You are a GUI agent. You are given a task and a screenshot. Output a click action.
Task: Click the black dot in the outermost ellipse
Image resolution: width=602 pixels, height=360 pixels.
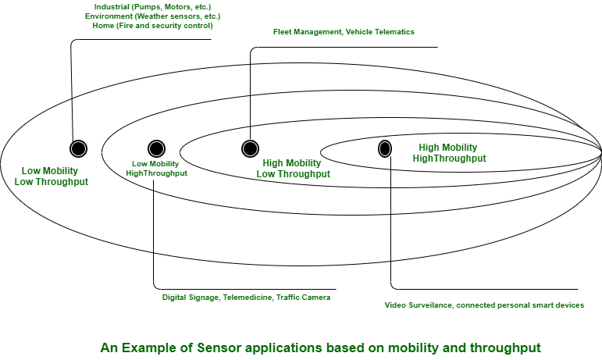(x=78, y=148)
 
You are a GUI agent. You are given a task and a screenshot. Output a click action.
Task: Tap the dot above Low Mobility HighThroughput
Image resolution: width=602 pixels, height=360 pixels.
(x=156, y=148)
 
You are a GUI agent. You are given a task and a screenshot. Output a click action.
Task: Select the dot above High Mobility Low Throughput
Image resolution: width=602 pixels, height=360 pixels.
(x=250, y=148)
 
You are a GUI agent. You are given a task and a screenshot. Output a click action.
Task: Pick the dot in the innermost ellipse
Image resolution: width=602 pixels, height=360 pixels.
(x=385, y=148)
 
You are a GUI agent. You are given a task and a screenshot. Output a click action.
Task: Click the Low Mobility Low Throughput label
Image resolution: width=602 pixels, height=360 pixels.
(x=52, y=176)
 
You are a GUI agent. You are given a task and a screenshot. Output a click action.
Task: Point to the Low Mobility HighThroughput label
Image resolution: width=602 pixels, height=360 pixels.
(x=156, y=168)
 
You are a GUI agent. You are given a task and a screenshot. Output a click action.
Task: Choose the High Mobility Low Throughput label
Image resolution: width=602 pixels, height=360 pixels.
(x=293, y=169)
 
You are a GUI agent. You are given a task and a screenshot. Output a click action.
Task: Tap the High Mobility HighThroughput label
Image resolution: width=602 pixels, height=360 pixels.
(x=448, y=153)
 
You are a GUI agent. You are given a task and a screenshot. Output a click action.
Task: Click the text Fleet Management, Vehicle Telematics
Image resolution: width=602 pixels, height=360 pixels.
(x=344, y=32)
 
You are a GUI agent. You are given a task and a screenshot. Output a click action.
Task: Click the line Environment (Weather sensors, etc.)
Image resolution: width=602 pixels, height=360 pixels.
(x=148, y=16)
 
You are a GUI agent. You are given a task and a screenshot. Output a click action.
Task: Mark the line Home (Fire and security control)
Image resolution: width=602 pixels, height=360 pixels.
(x=148, y=26)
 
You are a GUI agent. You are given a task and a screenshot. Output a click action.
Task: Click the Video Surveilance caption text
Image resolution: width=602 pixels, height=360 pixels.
(x=484, y=305)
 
